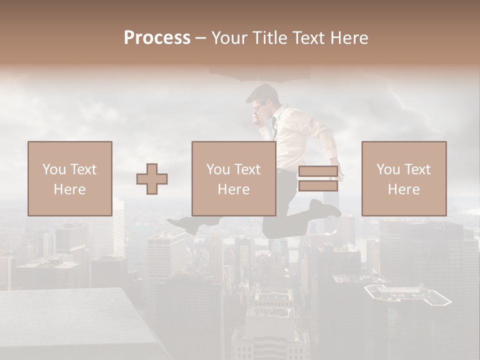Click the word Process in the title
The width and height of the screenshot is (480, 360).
click(x=157, y=38)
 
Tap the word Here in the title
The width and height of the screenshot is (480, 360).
click(x=349, y=38)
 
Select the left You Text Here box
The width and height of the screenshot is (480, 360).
click(x=70, y=178)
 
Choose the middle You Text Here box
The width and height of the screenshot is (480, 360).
click(x=234, y=178)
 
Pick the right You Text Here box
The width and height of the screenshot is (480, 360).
click(x=404, y=178)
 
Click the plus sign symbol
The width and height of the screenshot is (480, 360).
click(x=152, y=178)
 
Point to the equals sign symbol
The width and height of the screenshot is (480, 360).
click(x=318, y=178)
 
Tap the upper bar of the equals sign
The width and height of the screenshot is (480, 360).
click(x=318, y=171)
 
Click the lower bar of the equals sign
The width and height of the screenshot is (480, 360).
click(x=318, y=185)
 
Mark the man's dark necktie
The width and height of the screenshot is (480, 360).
click(x=274, y=127)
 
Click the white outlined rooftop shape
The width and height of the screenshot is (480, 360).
click(x=407, y=295)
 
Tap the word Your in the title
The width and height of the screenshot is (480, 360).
click(x=228, y=38)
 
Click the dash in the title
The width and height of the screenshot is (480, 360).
click(x=201, y=38)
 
